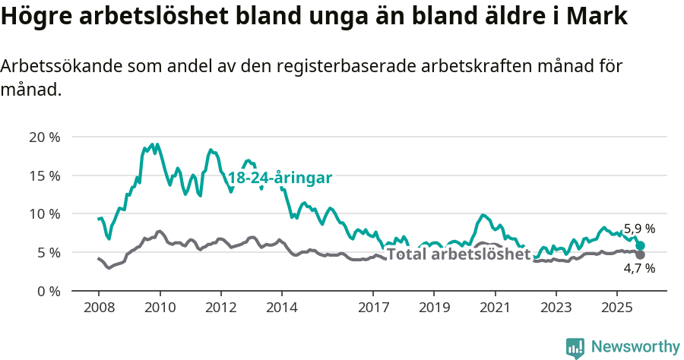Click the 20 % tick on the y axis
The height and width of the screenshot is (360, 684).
44,137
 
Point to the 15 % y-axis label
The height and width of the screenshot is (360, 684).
44,175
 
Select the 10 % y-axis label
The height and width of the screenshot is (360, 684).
44,213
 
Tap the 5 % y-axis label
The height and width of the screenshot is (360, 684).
48,252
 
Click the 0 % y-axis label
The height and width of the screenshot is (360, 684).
48,291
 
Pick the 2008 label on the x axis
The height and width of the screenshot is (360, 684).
99,309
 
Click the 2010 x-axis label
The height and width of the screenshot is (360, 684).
160,309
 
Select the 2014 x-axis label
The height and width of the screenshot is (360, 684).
281,309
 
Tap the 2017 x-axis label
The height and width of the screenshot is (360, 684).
372,309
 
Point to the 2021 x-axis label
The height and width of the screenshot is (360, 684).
495,309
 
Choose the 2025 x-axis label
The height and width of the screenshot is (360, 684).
616,309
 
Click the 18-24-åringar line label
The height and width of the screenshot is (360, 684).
280,178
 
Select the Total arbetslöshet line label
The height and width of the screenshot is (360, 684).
458,254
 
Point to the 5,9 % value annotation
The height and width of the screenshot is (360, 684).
638,229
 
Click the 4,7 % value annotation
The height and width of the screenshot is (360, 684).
639,268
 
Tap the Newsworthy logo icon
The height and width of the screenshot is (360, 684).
575,347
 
